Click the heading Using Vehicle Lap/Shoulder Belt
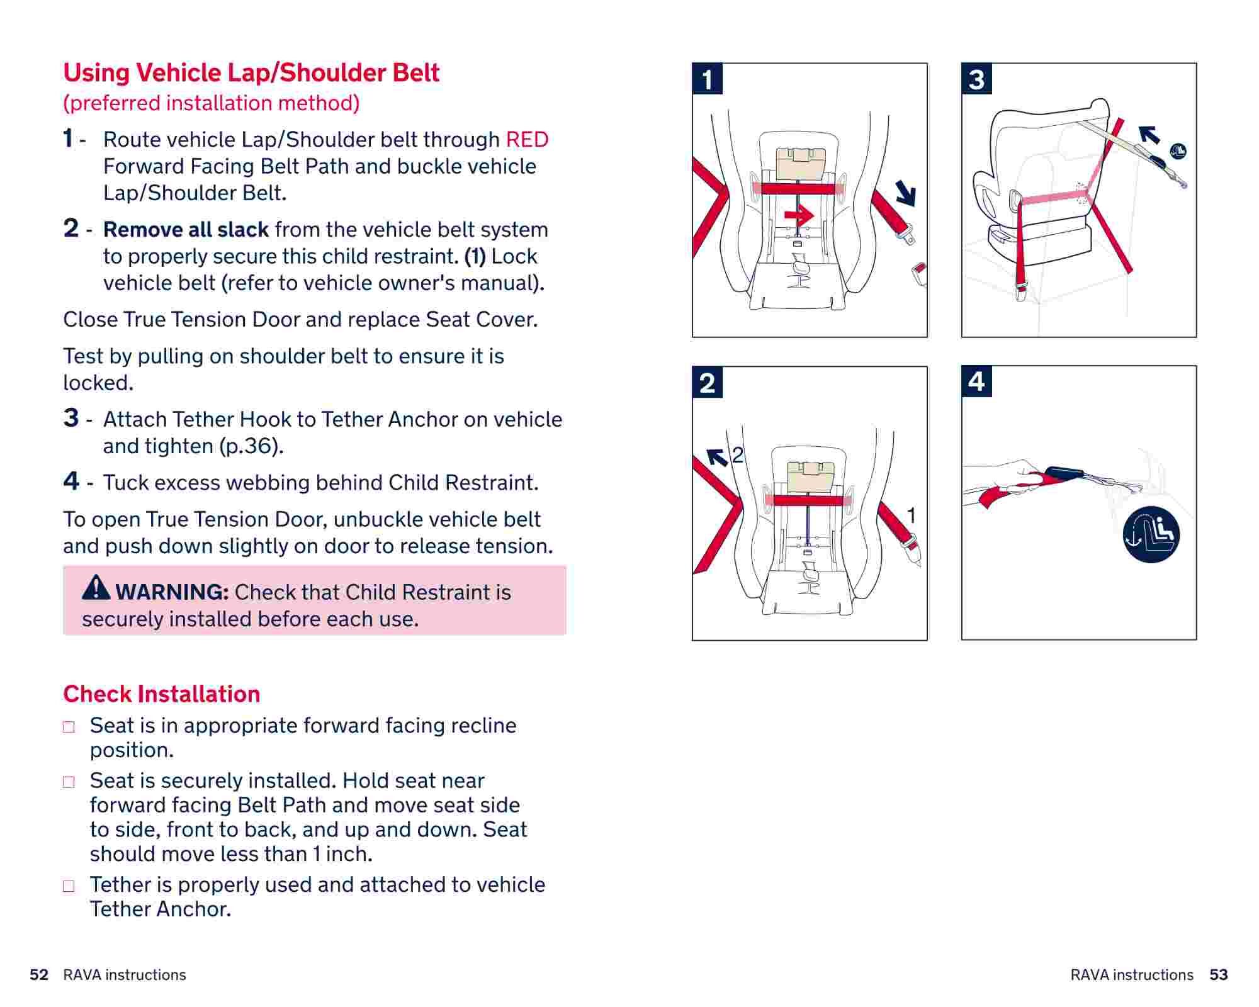[251, 73]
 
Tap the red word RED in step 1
[527, 140]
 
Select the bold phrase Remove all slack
[186, 230]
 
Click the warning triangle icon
[96, 587]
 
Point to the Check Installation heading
[161, 694]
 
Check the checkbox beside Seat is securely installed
[69, 782]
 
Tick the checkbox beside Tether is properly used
[69, 886]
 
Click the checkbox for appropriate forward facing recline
[69, 727]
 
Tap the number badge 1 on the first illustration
[708, 79]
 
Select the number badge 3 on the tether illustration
[976, 79]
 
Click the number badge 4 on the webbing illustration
[976, 381]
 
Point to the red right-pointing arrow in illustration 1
[799, 216]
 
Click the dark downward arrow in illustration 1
[905, 193]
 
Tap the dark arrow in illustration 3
[1149, 134]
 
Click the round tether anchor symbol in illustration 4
[1151, 534]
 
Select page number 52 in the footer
[39, 975]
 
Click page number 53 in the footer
[1219, 975]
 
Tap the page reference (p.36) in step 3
[251, 446]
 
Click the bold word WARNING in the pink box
[171, 592]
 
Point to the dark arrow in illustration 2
[717, 457]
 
